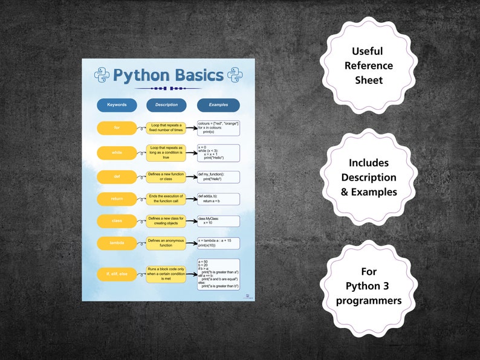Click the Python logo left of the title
pyautogui.click(x=102, y=75)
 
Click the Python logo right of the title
pyautogui.click(x=235, y=75)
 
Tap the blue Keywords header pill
pyautogui.click(x=117, y=105)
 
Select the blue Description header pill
pyautogui.click(x=166, y=105)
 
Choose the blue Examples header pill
pyautogui.click(x=218, y=105)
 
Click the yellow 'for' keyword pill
pyautogui.click(x=117, y=128)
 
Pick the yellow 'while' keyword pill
pyautogui.click(x=117, y=153)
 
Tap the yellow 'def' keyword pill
pyautogui.click(x=117, y=177)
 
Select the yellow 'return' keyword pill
pyautogui.click(x=117, y=199)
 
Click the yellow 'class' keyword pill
pyautogui.click(x=117, y=221)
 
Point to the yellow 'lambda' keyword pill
pyautogui.click(x=117, y=243)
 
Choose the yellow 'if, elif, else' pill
pyautogui.click(x=117, y=274)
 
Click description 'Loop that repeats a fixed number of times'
pyautogui.click(x=166, y=128)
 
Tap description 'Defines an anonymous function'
pyautogui.click(x=166, y=243)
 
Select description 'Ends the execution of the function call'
pyautogui.click(x=166, y=199)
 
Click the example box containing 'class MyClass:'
pyautogui.click(x=218, y=221)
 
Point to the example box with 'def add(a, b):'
pyautogui.click(x=218, y=199)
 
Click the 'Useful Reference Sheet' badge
pyautogui.click(x=372, y=66)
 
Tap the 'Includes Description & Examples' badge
pyautogui.click(x=369, y=178)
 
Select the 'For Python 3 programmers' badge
pyautogui.click(x=369, y=286)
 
